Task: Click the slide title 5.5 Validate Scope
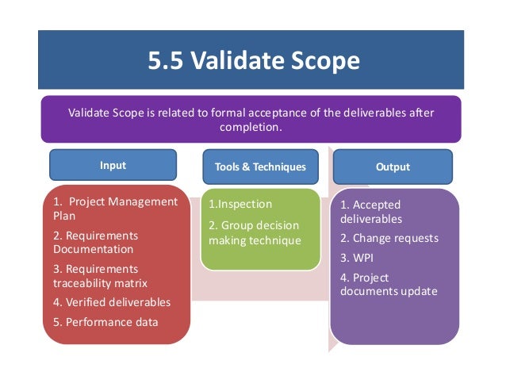254,60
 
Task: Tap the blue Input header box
113,167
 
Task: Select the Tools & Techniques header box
260,167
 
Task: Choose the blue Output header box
393,167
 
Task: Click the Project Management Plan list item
115,208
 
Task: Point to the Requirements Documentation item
95,242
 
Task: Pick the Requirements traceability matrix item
100,275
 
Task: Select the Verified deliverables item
112,302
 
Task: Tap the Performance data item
105,322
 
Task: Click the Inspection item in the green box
240,205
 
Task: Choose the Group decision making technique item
255,233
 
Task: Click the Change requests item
389,238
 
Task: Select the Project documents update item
389,284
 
